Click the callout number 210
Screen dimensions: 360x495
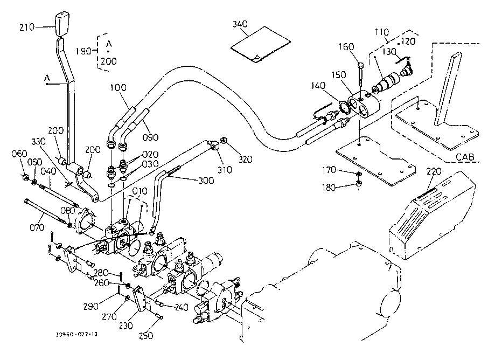coord(26,26)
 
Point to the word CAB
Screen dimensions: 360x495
coord(466,157)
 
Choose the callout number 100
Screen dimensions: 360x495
coord(119,88)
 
